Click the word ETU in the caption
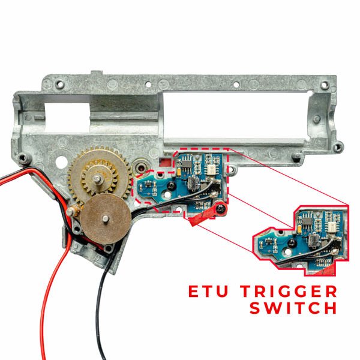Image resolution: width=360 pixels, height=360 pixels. coord(208,291)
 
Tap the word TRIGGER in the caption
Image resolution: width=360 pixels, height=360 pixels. coord(289,291)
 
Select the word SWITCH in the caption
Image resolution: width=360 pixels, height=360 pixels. coord(293,308)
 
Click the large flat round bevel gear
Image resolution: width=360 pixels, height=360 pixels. coord(106,219)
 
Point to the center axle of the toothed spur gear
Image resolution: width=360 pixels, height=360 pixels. coord(98,179)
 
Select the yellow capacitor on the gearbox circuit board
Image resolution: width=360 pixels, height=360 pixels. coord(179,172)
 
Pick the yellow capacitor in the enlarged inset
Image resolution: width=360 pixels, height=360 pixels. coord(299,229)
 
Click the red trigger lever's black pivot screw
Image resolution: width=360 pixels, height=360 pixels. coord(220,209)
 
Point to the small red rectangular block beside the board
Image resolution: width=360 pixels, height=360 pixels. coord(166,163)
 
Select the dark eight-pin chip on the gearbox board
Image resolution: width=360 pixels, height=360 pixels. coord(187,163)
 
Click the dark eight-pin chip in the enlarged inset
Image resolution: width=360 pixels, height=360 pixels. coord(308,221)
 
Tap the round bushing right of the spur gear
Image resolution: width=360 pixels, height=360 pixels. coord(140,167)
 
